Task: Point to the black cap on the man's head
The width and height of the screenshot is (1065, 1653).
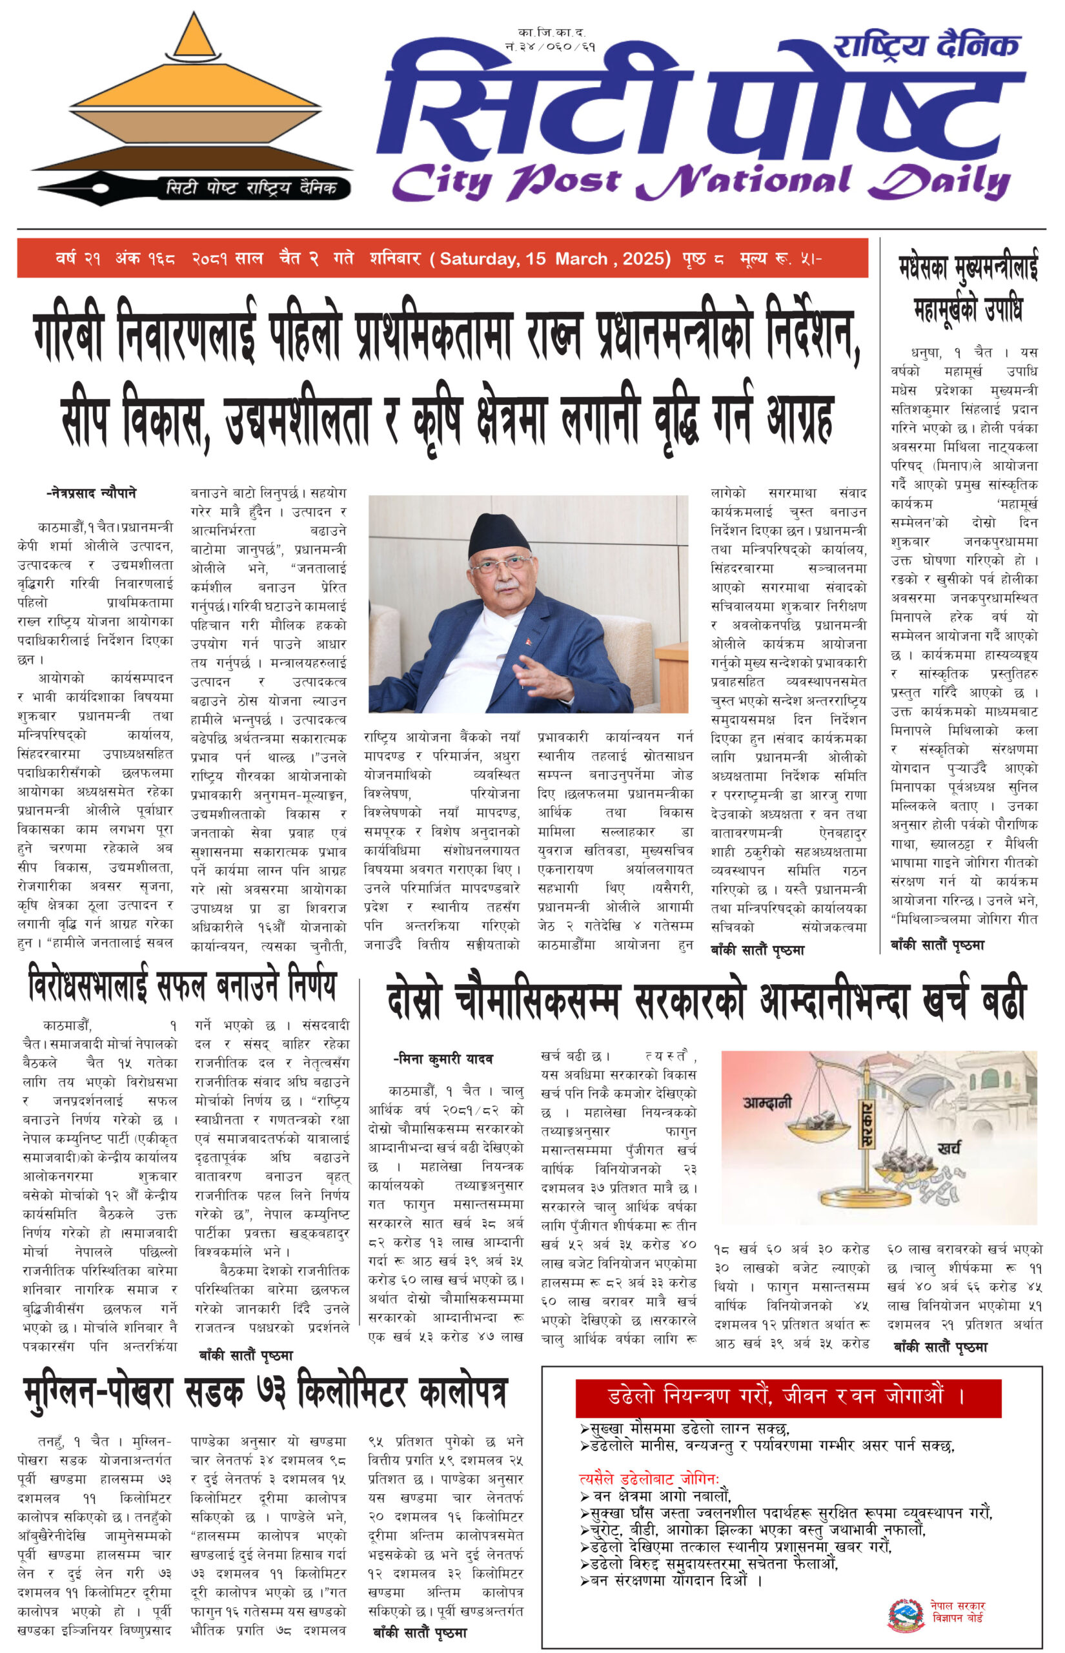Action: click(498, 535)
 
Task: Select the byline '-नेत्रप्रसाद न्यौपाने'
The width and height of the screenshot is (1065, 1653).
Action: click(90, 493)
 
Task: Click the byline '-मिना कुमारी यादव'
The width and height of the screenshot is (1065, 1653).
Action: click(442, 1059)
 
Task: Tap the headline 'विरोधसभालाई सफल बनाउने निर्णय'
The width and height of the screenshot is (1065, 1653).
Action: click(183, 987)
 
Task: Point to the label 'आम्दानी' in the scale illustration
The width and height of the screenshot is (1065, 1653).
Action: click(767, 1102)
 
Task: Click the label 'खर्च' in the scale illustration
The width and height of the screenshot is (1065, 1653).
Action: click(948, 1149)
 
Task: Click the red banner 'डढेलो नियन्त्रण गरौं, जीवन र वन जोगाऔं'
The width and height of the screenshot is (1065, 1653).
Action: click(787, 1397)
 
